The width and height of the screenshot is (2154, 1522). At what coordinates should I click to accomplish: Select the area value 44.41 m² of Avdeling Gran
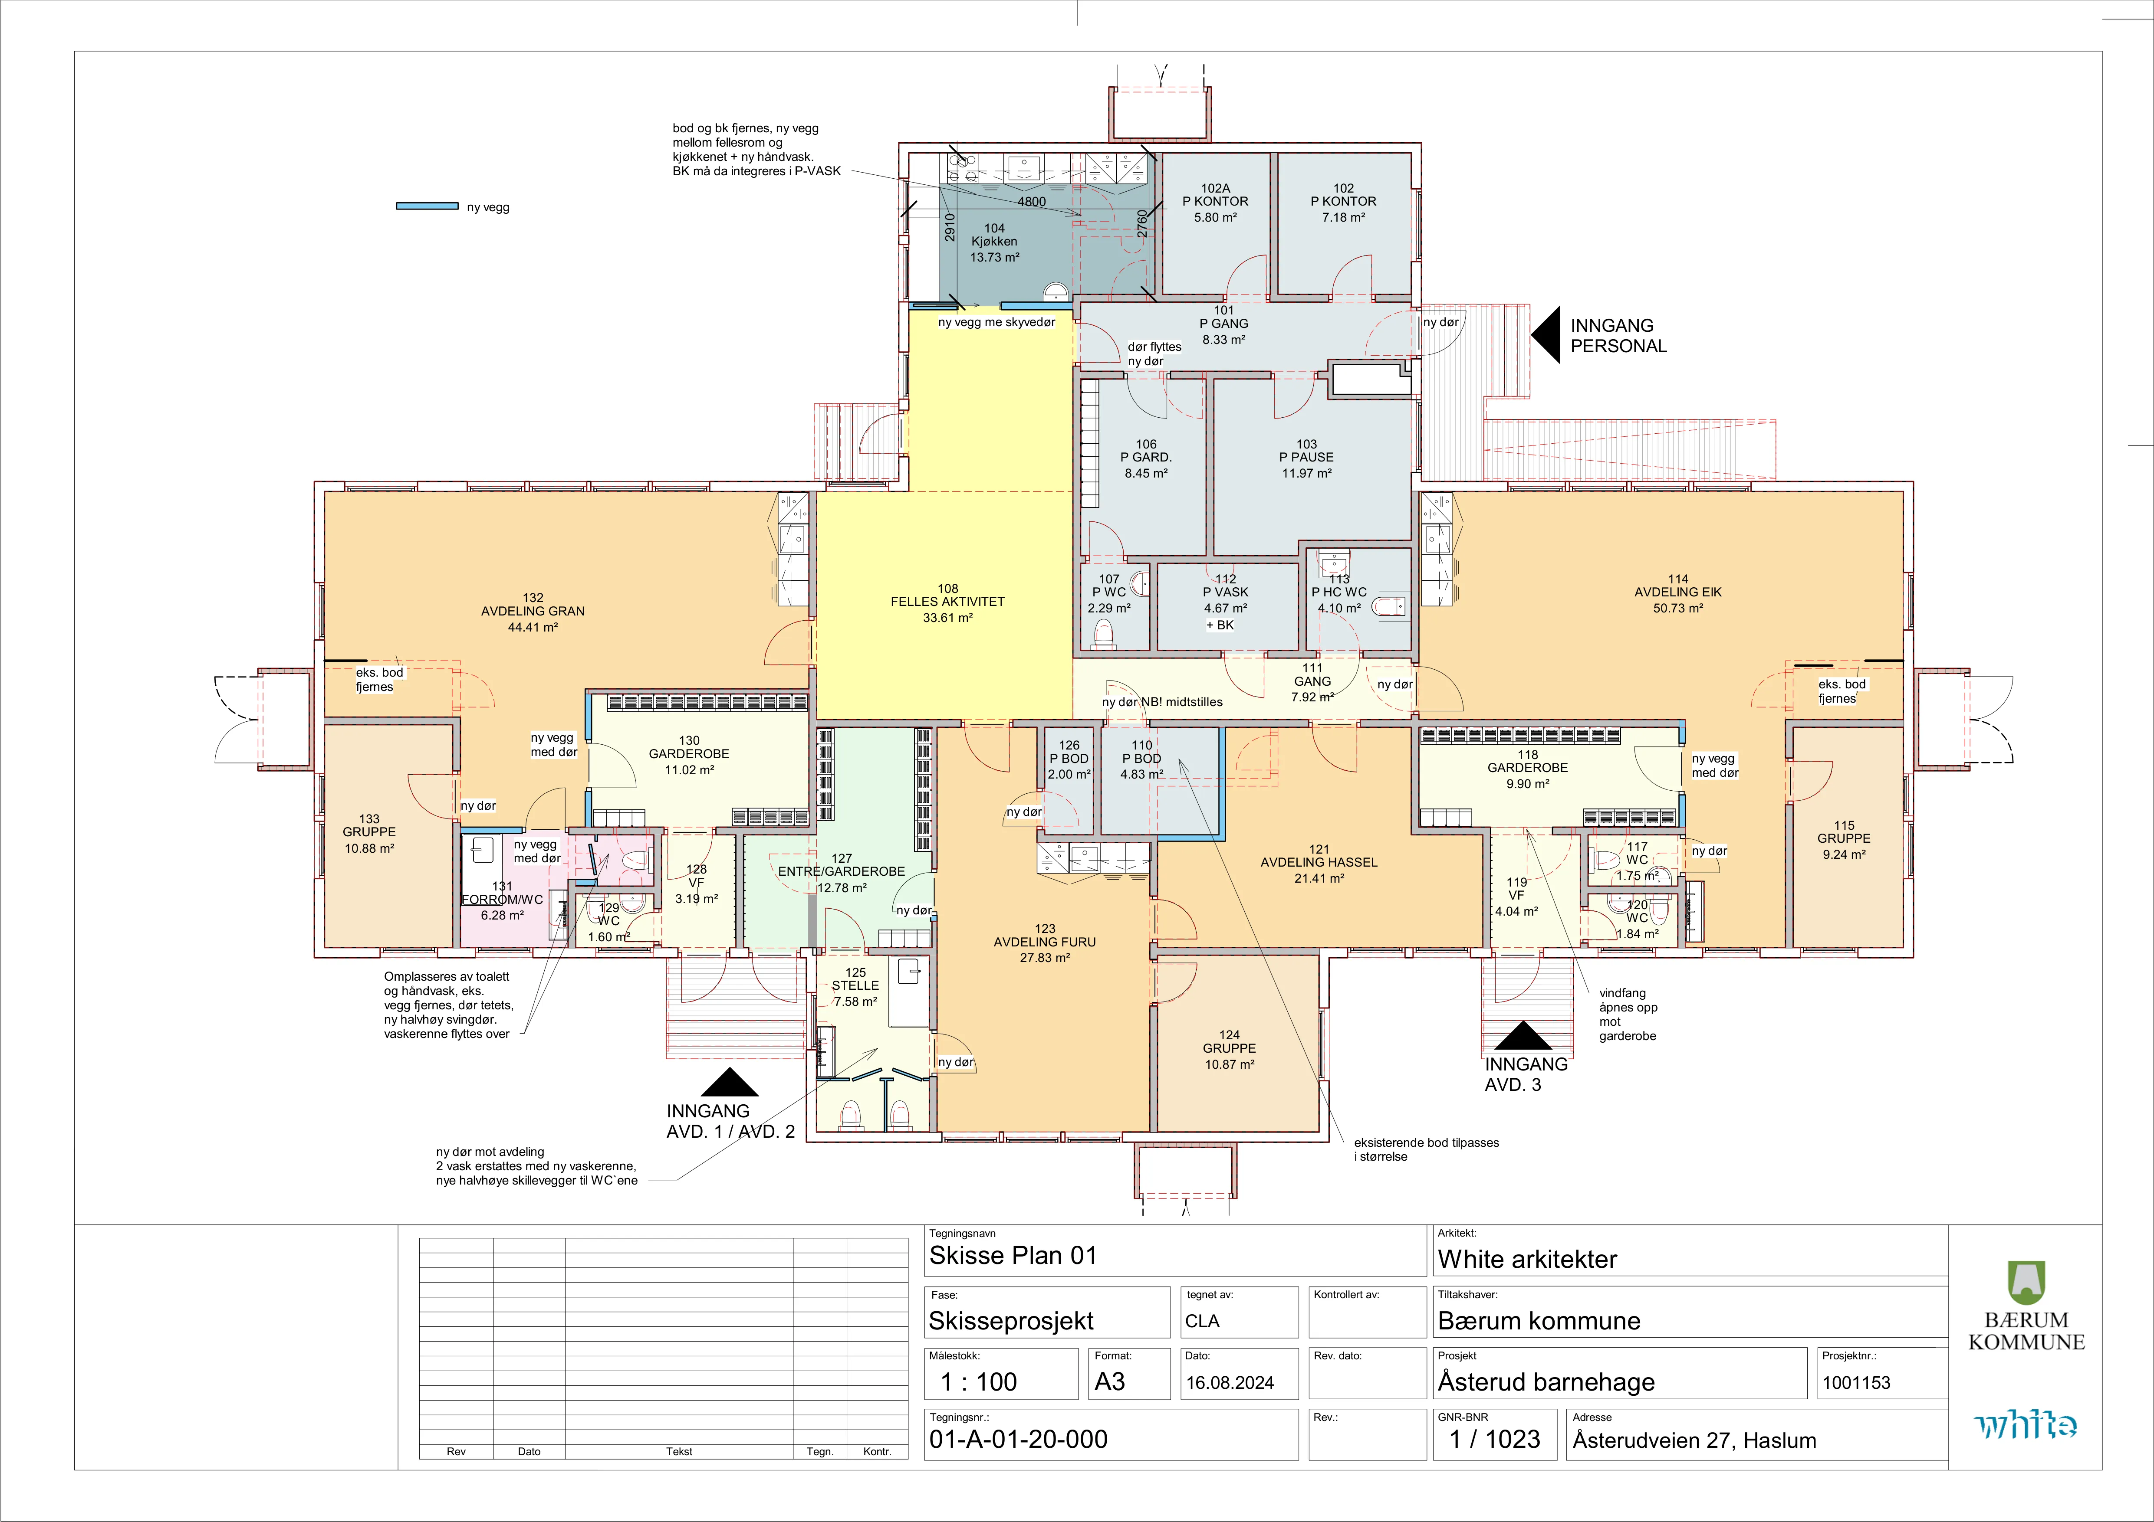coord(533,627)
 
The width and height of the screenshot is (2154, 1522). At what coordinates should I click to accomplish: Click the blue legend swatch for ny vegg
coord(427,206)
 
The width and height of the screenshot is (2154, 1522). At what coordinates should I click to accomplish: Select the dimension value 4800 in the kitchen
coord(1031,202)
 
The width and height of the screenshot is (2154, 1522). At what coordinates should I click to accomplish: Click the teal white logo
coord(2026,1425)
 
